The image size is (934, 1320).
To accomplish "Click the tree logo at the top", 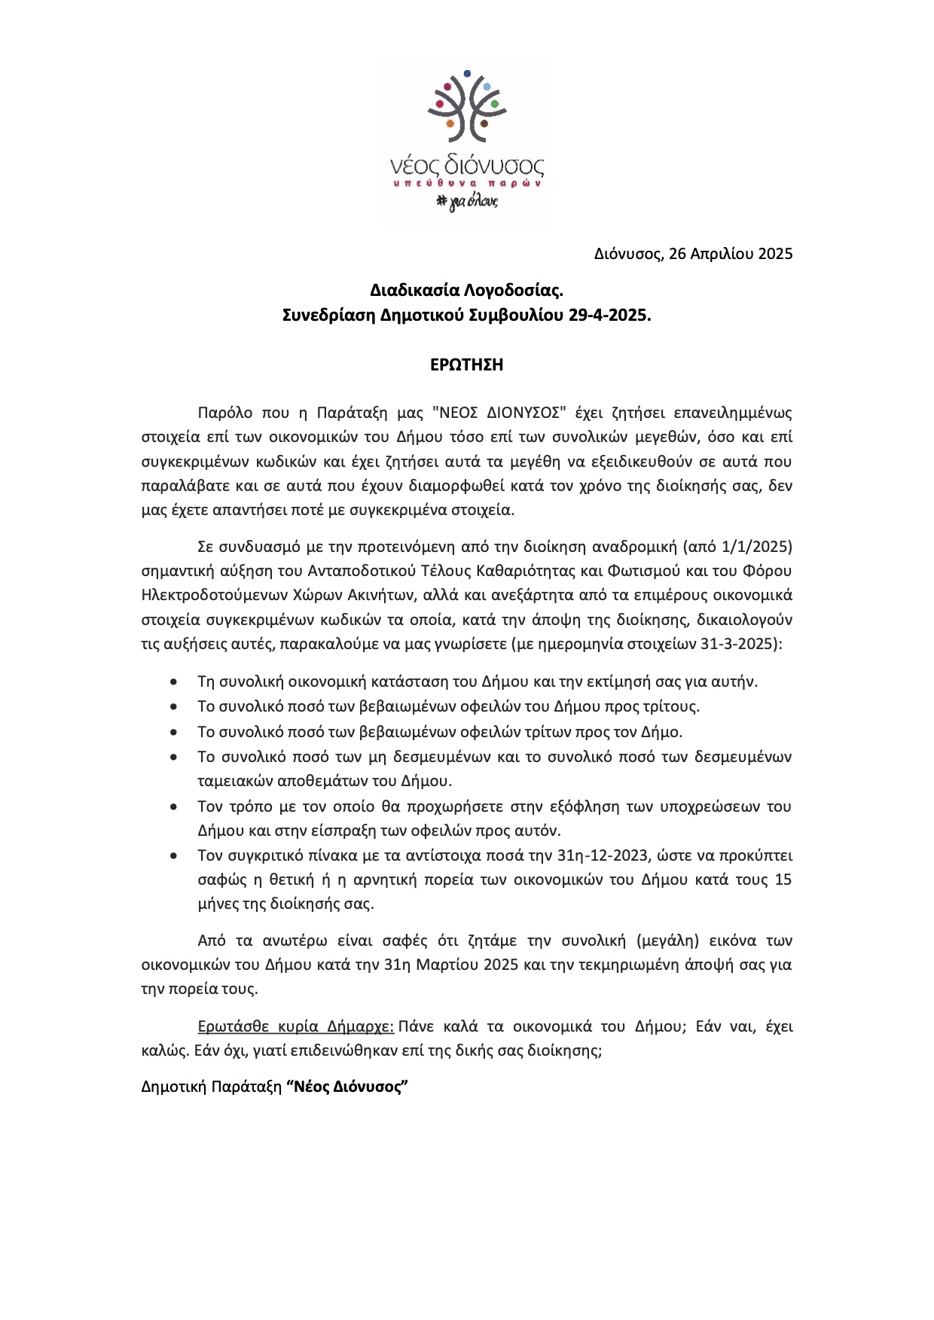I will click(467, 107).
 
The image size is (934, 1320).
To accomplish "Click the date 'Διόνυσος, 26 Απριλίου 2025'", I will click(693, 254).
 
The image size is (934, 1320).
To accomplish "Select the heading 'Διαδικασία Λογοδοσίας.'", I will click(466, 290).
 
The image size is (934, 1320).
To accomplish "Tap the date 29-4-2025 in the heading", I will click(609, 316).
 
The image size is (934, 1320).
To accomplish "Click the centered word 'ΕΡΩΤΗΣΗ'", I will click(466, 365).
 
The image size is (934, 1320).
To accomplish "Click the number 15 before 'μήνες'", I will click(783, 879).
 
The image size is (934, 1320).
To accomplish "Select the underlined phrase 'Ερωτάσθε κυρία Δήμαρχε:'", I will click(295, 1027).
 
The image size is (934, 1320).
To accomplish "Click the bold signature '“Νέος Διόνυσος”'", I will click(347, 1087).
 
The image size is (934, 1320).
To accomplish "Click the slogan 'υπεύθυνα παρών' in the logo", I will click(467, 183).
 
